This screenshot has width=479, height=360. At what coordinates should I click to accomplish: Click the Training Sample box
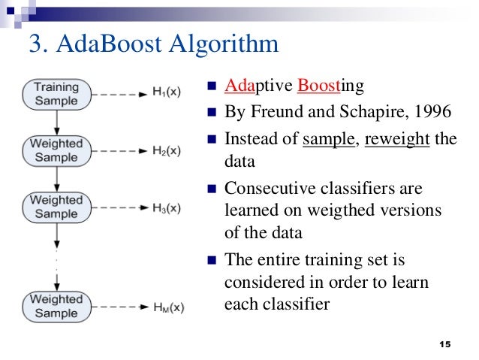pyautogui.click(x=56, y=94)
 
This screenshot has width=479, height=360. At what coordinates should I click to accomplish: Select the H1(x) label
pyautogui.click(x=164, y=94)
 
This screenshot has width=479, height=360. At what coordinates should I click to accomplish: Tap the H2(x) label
pyautogui.click(x=164, y=150)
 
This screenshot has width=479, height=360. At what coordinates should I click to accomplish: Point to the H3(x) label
pyautogui.click(x=164, y=207)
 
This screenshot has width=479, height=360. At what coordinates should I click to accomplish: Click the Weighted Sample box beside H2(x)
pyautogui.click(x=56, y=150)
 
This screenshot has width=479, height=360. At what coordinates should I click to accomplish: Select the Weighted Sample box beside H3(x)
pyautogui.click(x=56, y=207)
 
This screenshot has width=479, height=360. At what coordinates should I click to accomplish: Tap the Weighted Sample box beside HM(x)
pyautogui.click(x=56, y=307)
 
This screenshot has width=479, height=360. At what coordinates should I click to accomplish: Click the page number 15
pyautogui.click(x=444, y=343)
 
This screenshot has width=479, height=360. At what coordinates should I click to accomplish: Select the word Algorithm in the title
pyautogui.click(x=230, y=44)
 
